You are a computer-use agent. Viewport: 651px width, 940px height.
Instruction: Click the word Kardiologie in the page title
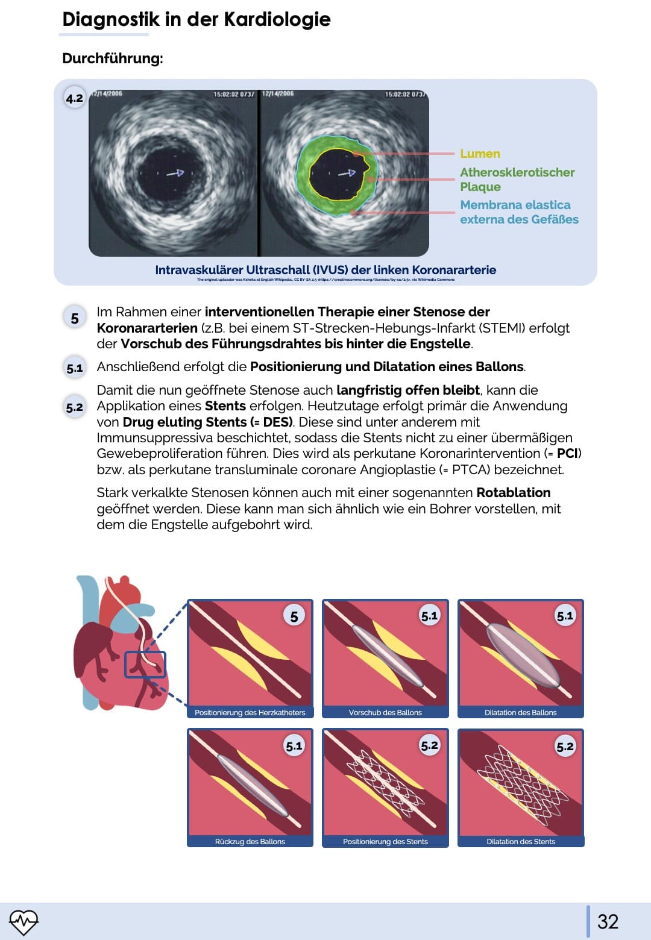[x=277, y=19]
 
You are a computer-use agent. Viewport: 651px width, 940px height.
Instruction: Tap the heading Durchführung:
[x=113, y=58]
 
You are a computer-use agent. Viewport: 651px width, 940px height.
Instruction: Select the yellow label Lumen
[x=480, y=154]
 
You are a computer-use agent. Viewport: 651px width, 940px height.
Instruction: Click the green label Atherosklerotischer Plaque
[x=517, y=180]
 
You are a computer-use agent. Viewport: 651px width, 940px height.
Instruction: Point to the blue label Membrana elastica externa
[x=518, y=212]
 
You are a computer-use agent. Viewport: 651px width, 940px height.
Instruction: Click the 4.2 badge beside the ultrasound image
[x=75, y=98]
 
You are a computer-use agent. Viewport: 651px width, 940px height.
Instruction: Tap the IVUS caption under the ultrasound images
[x=325, y=270]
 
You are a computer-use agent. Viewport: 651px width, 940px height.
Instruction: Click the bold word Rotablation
[x=513, y=493]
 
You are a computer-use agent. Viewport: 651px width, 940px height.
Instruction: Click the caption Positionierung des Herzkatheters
[x=250, y=712]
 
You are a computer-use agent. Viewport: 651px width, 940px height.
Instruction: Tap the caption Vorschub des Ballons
[x=385, y=712]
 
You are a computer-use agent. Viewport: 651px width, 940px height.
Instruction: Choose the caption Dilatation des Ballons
[x=521, y=712]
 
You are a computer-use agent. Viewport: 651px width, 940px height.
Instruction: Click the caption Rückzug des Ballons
[x=250, y=841]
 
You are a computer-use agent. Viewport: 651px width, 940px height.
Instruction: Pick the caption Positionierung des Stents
[x=385, y=841]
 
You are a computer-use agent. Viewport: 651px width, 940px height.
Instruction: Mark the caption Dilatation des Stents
[x=521, y=841]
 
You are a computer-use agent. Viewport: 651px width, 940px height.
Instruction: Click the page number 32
[x=608, y=921]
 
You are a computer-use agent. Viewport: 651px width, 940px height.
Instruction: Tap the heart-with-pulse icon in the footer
[x=24, y=921]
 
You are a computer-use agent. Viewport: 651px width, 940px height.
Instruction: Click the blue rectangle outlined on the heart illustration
[x=145, y=665]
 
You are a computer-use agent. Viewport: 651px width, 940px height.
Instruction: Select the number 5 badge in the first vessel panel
[x=294, y=616]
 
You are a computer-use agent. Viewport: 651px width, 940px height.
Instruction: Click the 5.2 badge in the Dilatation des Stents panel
[x=565, y=747]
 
